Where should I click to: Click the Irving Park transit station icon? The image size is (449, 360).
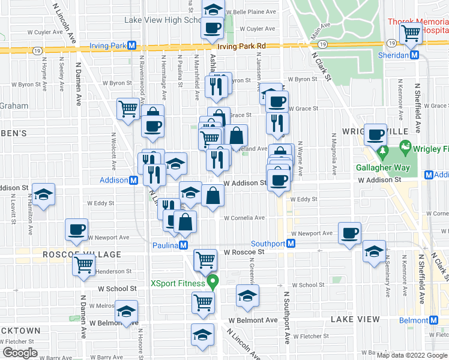pos(131,46)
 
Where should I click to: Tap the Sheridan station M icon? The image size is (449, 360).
pos(414,55)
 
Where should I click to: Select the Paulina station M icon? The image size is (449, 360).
pos(184,245)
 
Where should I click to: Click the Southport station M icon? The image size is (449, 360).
pos(291,243)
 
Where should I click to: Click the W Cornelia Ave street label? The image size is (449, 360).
pos(244,218)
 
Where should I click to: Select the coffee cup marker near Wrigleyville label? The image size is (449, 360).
pos(376,136)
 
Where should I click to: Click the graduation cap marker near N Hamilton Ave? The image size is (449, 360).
pos(44,194)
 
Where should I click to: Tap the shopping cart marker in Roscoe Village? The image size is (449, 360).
pos(84,263)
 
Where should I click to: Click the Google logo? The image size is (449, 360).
pos(20,353)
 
